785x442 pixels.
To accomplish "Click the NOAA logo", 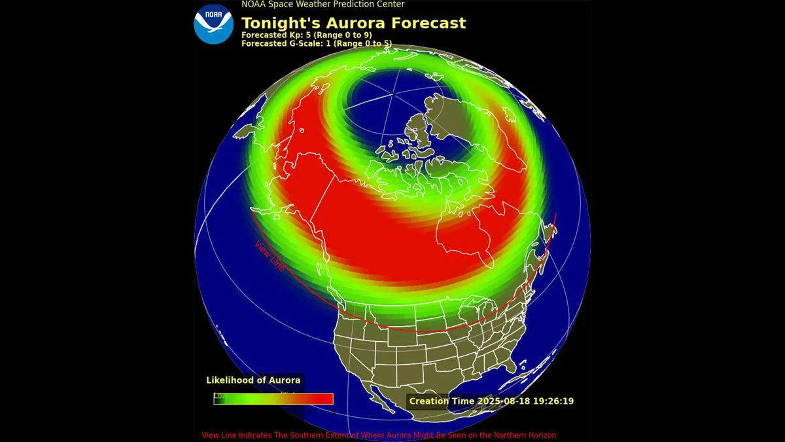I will click(x=213, y=24).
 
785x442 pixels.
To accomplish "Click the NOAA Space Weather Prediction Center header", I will click(x=323, y=4).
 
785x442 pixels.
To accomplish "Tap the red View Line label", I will click(x=270, y=256).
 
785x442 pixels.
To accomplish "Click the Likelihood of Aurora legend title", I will click(x=253, y=380).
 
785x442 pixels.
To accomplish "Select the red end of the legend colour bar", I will click(x=321, y=399).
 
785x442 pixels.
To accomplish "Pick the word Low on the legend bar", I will click(x=220, y=396).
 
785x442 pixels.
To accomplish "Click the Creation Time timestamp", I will click(x=491, y=401).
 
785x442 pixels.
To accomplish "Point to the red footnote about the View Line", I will click(x=379, y=435).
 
